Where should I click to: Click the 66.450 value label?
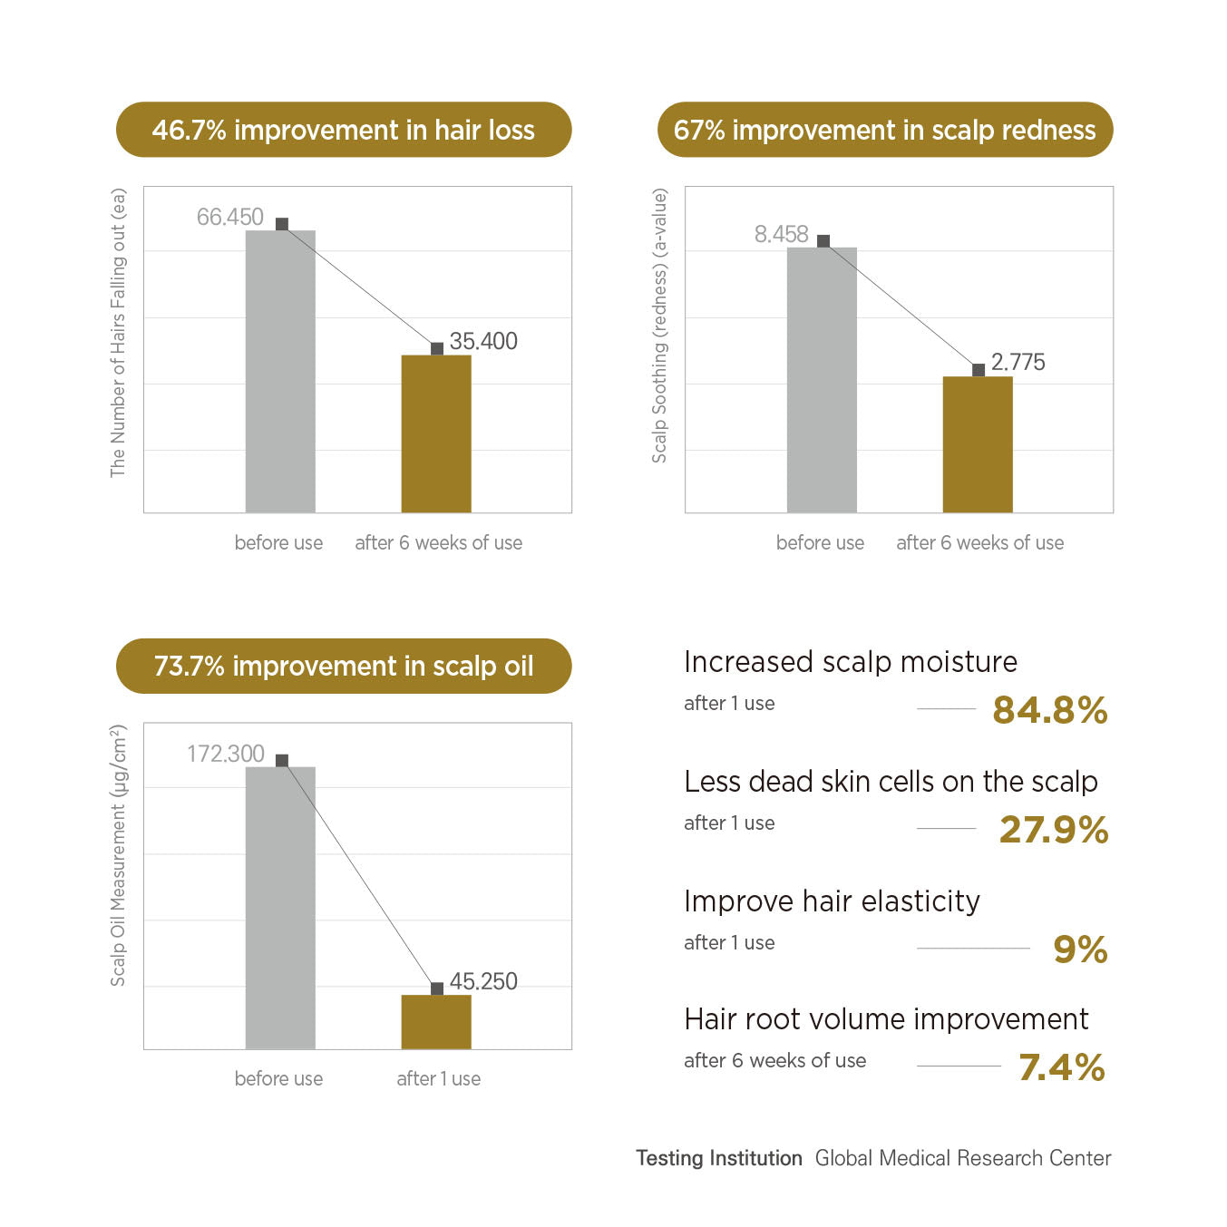point(229,218)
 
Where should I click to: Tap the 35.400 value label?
point(483,342)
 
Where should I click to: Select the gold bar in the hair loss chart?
point(436,433)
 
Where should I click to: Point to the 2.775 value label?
point(1018,363)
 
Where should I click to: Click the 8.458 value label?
point(781,235)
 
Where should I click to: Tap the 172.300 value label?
point(225,755)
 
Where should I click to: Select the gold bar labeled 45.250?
point(436,1022)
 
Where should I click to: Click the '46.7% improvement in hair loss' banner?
point(344,130)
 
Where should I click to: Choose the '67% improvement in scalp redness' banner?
point(885,130)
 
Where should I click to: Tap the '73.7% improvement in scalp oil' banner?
point(344,667)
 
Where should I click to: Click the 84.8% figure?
point(1050,711)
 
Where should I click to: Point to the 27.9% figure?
point(1054,831)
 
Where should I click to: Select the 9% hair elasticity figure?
point(1080,950)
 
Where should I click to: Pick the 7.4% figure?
point(1062,1068)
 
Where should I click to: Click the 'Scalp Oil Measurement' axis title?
point(118,855)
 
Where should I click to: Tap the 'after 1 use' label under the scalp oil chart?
point(439,1079)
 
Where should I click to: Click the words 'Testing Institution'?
point(719,1159)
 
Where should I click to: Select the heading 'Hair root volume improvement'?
point(886,1019)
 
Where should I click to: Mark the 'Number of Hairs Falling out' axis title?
point(118,333)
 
